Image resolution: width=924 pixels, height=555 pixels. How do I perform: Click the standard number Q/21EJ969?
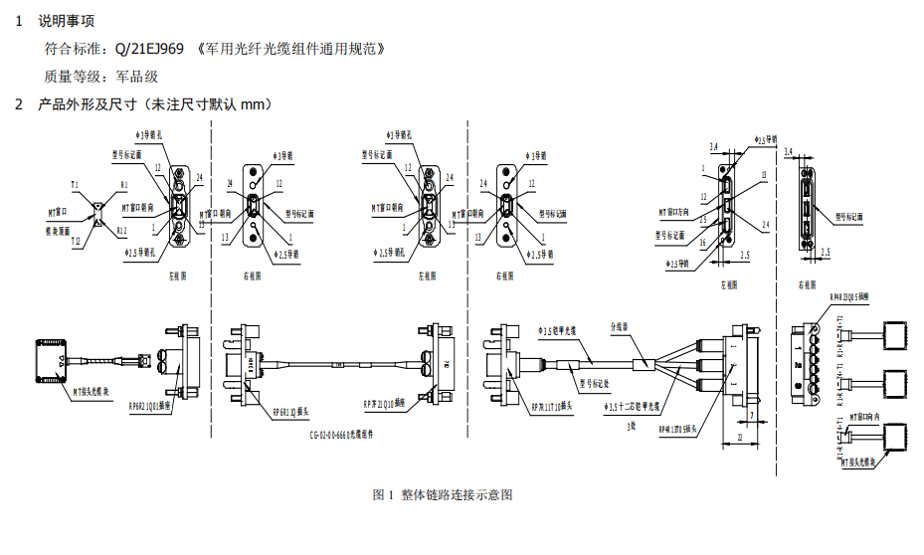tap(149, 48)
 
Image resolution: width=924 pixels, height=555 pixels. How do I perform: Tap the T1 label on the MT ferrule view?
tap(75, 185)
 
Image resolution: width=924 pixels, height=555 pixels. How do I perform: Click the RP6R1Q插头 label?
tap(291, 411)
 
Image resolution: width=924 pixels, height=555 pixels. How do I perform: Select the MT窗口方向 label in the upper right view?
tap(680, 212)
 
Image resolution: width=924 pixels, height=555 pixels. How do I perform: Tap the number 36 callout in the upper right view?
tap(703, 243)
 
